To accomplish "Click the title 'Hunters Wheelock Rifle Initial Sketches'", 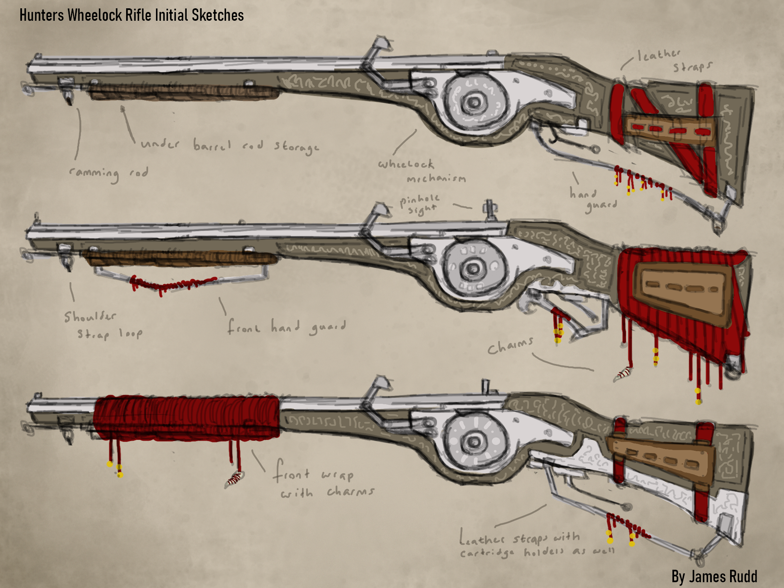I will pyautogui.click(x=131, y=15).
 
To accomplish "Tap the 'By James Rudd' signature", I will pyautogui.click(x=714, y=576).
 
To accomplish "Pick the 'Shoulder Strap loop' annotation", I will pyautogui.click(x=103, y=325).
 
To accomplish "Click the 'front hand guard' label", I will pyautogui.click(x=286, y=327).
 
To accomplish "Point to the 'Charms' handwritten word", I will pyautogui.click(x=510, y=346).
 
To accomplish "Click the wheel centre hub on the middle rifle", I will pyautogui.click(x=473, y=268).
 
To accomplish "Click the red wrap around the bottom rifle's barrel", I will pyautogui.click(x=187, y=417).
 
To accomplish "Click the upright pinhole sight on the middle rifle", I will pyautogui.click(x=490, y=210).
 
